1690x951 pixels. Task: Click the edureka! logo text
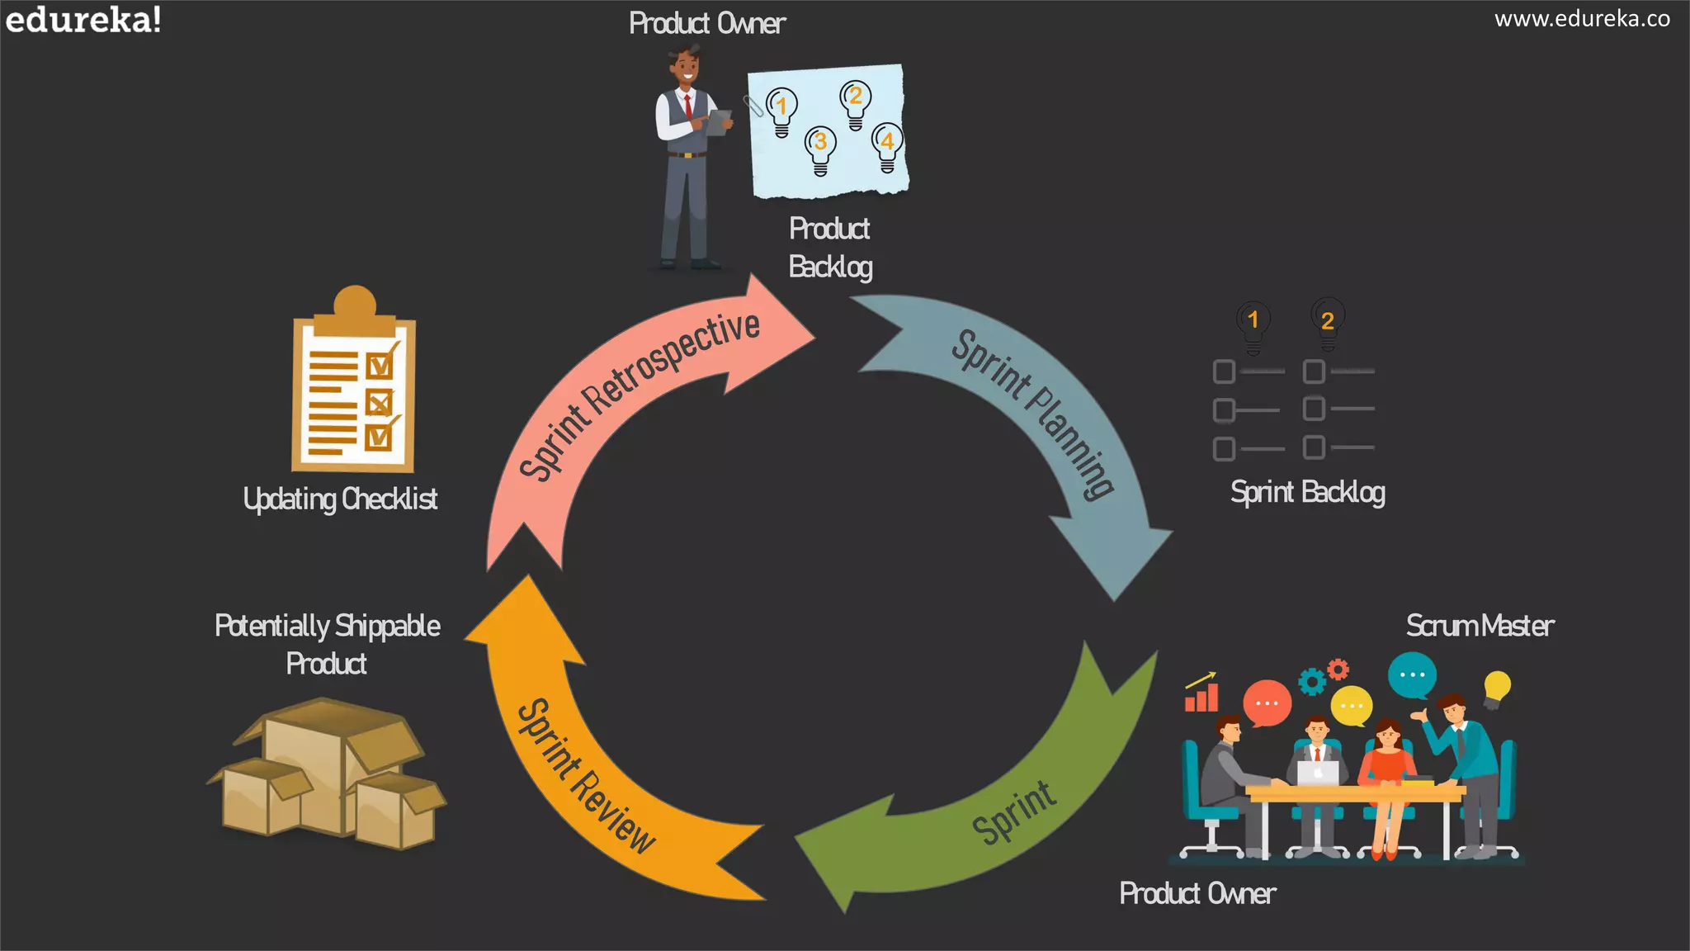pyautogui.click(x=83, y=20)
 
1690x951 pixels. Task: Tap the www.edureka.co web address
pyautogui.click(x=1582, y=19)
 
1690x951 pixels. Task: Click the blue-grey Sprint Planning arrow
pyautogui.click(x=1040, y=413)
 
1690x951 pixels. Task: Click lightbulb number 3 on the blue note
pyautogui.click(x=820, y=149)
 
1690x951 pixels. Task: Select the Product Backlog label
pyautogui.click(x=829, y=248)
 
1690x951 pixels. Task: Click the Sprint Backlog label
pyautogui.click(x=1307, y=493)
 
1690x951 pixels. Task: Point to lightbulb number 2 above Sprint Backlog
pyautogui.click(x=1327, y=322)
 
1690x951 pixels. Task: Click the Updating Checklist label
pyautogui.click(x=340, y=499)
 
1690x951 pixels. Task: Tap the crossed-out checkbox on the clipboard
pyautogui.click(x=379, y=404)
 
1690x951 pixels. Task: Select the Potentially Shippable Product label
pyautogui.click(x=327, y=644)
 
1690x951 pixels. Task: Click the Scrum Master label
pyautogui.click(x=1480, y=626)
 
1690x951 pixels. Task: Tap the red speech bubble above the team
pyautogui.click(x=1266, y=703)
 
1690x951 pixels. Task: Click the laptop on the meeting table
pyautogui.click(x=1317, y=773)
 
